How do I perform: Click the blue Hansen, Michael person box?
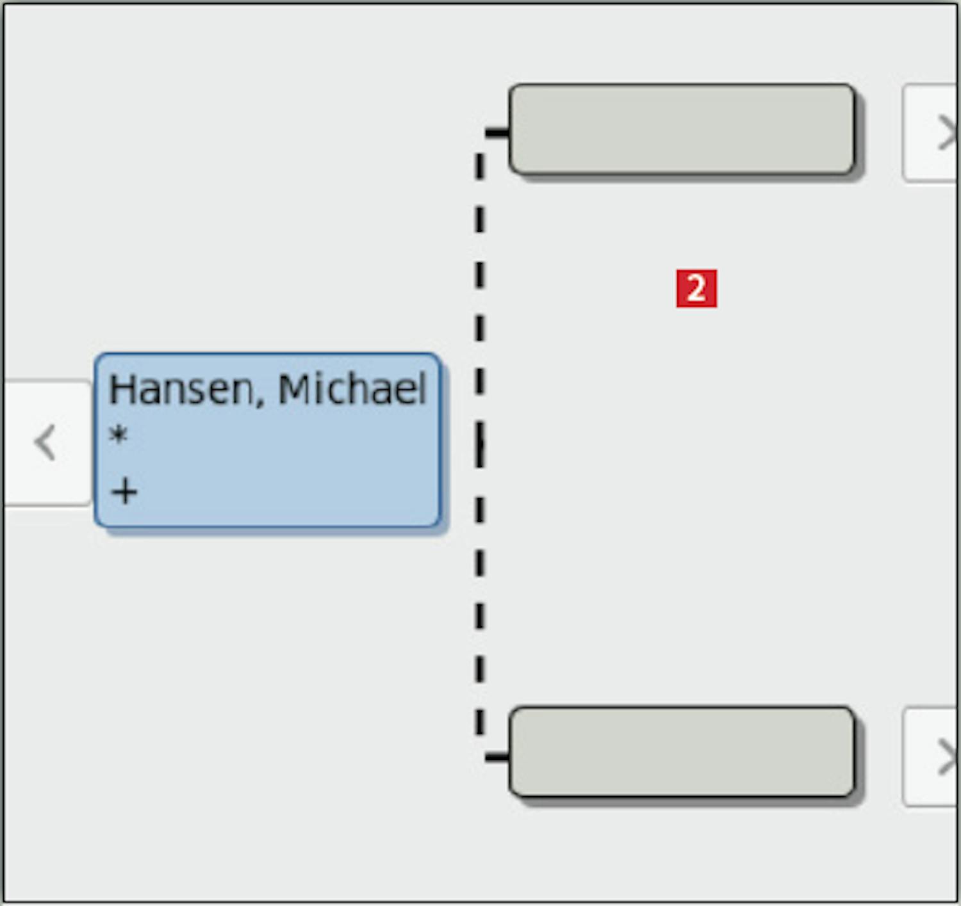click(267, 440)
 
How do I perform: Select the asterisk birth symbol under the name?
click(118, 435)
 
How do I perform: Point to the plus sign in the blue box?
click(124, 492)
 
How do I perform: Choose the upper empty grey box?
click(681, 129)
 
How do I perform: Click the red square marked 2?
click(696, 288)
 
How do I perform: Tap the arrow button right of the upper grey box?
click(931, 133)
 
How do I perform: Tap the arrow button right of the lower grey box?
click(931, 757)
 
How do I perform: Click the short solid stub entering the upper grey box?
click(497, 132)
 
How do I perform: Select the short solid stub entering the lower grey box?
click(497, 757)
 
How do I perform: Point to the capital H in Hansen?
click(121, 389)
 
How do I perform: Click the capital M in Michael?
click(293, 389)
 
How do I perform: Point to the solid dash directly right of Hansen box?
click(479, 444)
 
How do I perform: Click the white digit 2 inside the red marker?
click(696, 288)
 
